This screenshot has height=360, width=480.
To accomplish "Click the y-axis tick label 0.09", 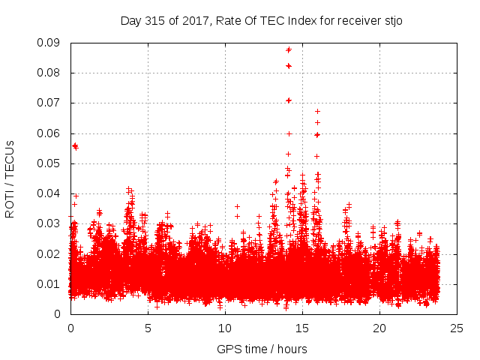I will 51,43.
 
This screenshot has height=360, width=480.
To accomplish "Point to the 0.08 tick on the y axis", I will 51,73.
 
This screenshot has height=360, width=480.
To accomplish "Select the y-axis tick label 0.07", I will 51,103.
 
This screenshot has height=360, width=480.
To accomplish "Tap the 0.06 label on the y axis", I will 51,133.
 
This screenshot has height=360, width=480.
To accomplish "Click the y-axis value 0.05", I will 51,163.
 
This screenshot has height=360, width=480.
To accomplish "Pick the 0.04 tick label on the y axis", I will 51,193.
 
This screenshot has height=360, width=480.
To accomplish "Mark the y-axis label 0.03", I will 51,223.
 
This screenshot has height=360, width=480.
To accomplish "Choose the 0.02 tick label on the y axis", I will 51,253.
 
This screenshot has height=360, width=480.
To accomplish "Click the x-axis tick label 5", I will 148,328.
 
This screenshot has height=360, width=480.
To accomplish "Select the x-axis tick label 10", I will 225,328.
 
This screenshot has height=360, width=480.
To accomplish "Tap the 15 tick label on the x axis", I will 302,328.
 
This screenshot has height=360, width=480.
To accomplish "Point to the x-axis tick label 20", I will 379,328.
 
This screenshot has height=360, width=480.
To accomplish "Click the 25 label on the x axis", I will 457,328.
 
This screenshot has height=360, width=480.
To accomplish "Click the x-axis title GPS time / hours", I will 263,349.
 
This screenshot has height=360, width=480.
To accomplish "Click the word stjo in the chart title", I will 392,20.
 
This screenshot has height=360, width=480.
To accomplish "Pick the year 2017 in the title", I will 192,20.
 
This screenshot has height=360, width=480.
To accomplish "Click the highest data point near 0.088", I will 289,49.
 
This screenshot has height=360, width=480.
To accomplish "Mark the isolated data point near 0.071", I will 289,100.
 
